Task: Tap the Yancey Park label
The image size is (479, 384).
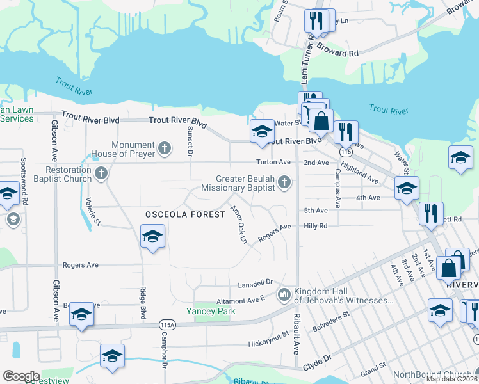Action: click(x=211, y=311)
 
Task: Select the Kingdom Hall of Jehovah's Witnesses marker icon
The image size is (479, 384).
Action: click(x=284, y=296)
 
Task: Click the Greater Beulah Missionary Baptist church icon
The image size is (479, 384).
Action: click(x=285, y=184)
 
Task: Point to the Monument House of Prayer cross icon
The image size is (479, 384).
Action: click(x=165, y=150)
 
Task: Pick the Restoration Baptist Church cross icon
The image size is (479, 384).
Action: click(x=101, y=173)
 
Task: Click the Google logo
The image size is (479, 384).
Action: click(x=20, y=376)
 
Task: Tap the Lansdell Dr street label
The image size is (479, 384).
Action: click(x=256, y=282)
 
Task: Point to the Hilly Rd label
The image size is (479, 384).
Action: click(x=316, y=226)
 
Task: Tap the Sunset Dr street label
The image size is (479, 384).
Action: click(x=190, y=140)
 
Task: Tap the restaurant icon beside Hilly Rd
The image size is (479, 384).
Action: click(x=431, y=213)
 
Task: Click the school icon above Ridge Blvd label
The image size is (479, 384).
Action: click(x=152, y=237)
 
